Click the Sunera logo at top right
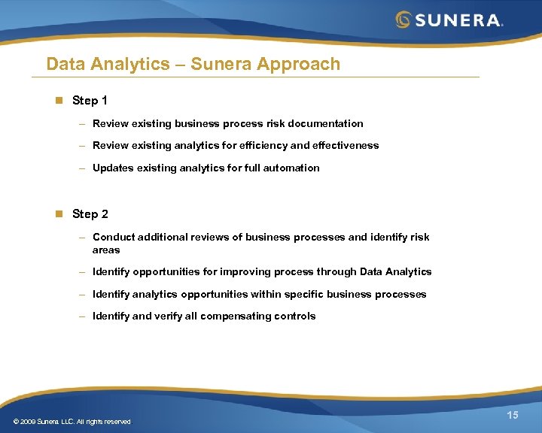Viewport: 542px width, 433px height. [449, 20]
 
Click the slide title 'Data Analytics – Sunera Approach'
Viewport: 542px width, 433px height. [193, 64]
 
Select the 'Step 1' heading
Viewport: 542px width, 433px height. [90, 100]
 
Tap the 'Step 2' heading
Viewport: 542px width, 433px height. [90, 214]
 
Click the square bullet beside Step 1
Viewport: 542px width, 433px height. [57, 100]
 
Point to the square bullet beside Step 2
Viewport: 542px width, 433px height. [57, 214]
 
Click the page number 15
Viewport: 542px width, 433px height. [513, 416]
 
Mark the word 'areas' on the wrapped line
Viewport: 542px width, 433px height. [106, 250]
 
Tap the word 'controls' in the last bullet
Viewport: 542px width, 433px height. [295, 316]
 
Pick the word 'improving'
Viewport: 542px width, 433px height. [234, 272]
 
